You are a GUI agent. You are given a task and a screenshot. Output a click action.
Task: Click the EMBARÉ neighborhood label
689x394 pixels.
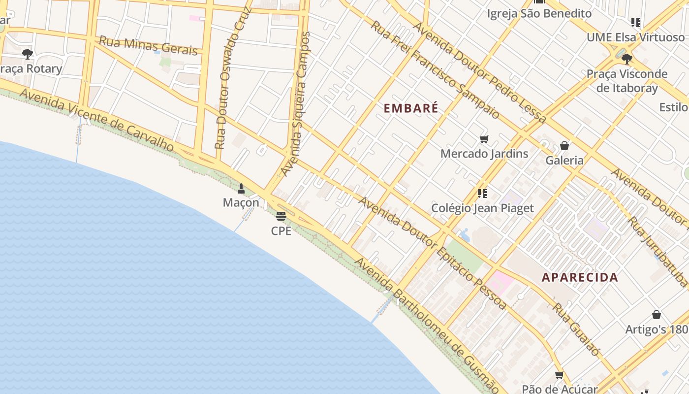410,108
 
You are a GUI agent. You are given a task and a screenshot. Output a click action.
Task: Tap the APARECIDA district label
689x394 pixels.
580,277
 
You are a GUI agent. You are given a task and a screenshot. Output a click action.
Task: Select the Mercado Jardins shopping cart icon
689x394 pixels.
484,139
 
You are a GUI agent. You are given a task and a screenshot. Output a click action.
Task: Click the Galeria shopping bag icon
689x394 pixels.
564,146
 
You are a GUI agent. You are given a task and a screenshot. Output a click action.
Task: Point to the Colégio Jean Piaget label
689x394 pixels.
482,208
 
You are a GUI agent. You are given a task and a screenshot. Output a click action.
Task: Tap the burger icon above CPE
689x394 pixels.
281,216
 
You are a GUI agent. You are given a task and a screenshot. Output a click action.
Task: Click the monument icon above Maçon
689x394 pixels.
241,189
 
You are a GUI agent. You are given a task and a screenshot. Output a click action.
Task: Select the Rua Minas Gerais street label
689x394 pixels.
148,45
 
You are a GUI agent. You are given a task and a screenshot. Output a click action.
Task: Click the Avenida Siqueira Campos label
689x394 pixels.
296,103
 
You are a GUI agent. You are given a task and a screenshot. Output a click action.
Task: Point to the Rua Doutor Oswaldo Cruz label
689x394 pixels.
233,79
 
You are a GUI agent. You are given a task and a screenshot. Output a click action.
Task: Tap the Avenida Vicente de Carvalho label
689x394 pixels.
97,120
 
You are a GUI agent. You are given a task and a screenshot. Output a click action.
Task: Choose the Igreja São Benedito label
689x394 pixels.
539,13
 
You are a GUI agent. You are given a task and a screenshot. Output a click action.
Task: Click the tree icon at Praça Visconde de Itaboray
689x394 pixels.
626,59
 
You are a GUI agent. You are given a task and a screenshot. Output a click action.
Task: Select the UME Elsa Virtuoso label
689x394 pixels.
635,37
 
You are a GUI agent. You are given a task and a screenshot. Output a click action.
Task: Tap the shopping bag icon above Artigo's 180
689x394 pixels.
656,315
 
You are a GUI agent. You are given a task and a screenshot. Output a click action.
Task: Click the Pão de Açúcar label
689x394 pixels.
560,389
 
